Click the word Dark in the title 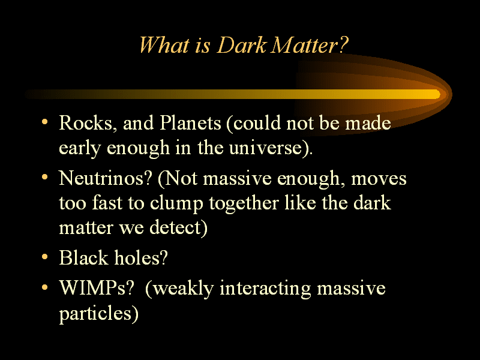point(242,46)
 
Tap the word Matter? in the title point(310,46)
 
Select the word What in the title point(164,46)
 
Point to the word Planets point(190,123)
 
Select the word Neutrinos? point(106,178)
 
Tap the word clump point(176,203)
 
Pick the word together point(244,203)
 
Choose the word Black point(83,257)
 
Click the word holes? point(141,257)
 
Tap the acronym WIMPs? point(97,288)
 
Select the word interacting point(265,289)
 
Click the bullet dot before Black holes point(44,257)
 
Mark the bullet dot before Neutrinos point(44,177)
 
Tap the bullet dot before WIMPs point(44,287)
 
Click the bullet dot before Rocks point(44,122)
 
